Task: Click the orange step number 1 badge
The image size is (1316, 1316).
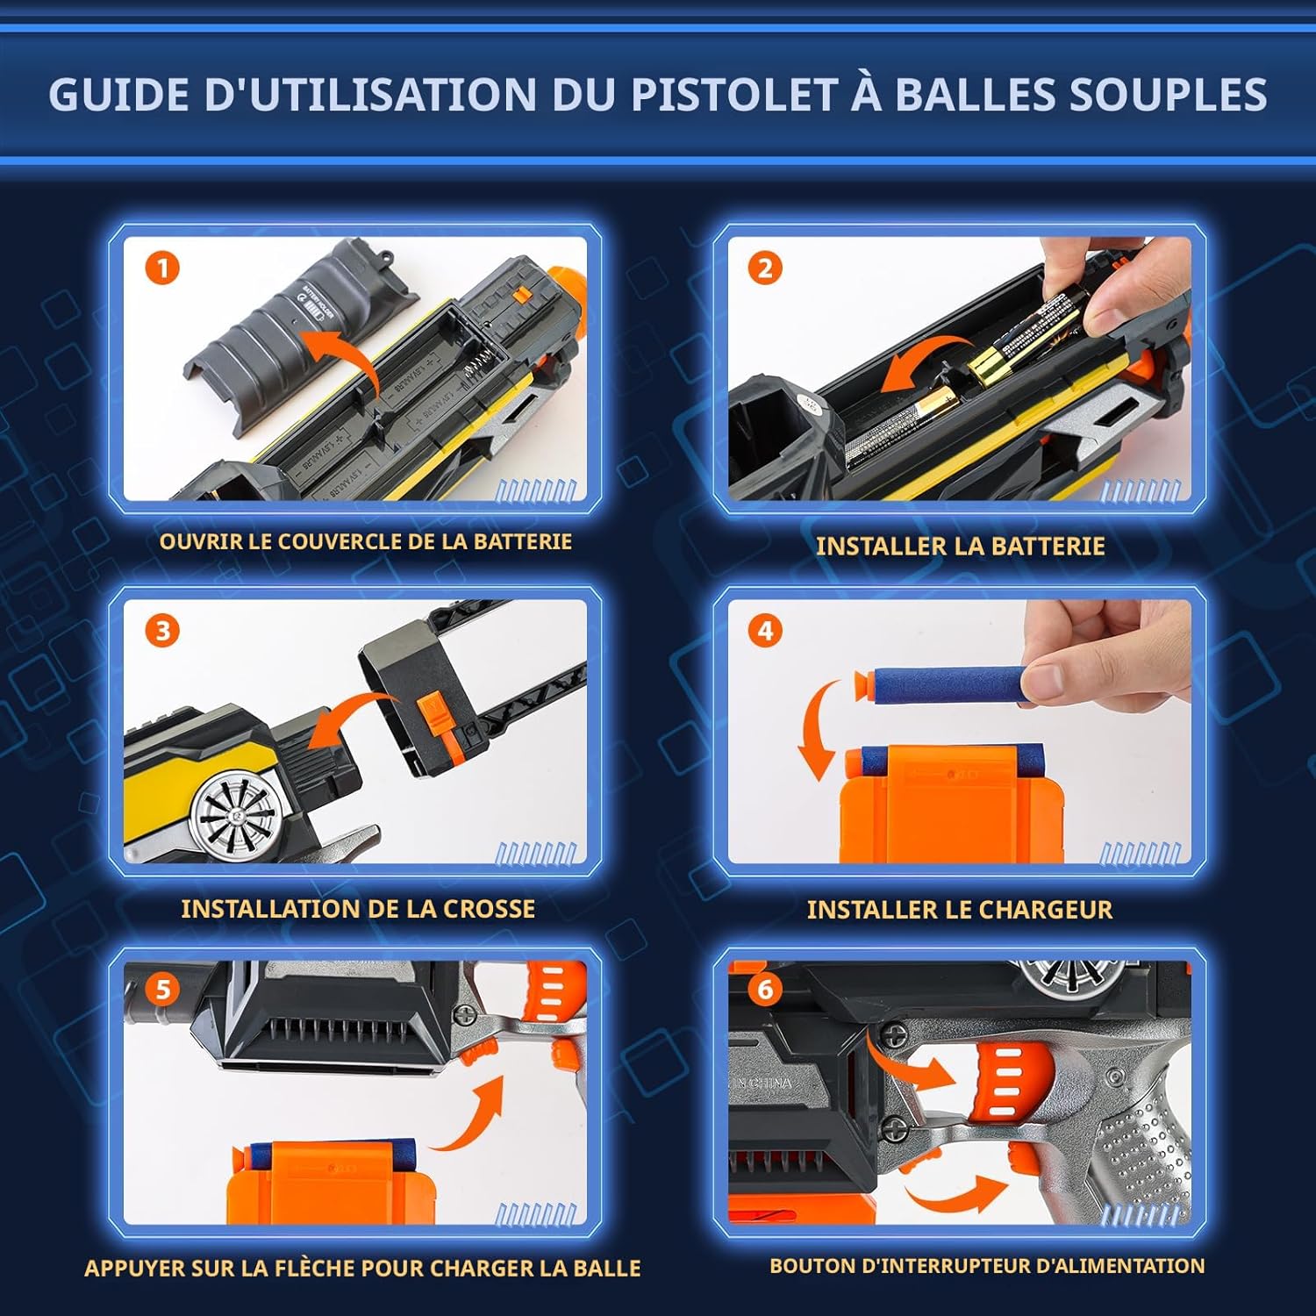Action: point(162,268)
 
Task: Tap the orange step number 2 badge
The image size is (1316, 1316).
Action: point(765,268)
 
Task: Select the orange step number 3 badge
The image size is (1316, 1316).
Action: point(162,630)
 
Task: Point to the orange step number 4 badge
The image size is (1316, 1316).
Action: point(765,630)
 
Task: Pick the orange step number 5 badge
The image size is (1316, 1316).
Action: point(162,990)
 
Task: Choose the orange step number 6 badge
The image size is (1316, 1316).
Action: point(765,990)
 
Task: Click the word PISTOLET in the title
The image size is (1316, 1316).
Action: point(733,95)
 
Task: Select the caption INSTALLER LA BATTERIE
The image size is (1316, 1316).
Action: point(960,546)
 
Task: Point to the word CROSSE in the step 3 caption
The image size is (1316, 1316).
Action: point(489,908)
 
